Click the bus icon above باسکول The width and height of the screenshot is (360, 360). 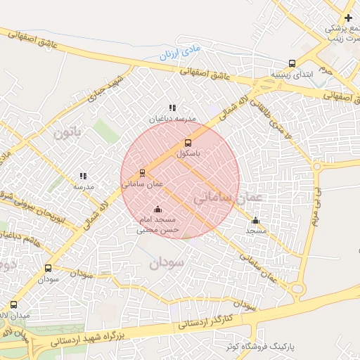187,143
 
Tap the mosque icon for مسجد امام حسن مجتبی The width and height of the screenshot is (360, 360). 157,209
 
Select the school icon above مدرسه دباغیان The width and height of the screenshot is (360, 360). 172,108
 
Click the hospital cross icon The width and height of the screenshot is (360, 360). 349,17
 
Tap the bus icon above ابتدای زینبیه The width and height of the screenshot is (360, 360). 292,63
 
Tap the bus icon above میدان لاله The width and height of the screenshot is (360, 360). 14,305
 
